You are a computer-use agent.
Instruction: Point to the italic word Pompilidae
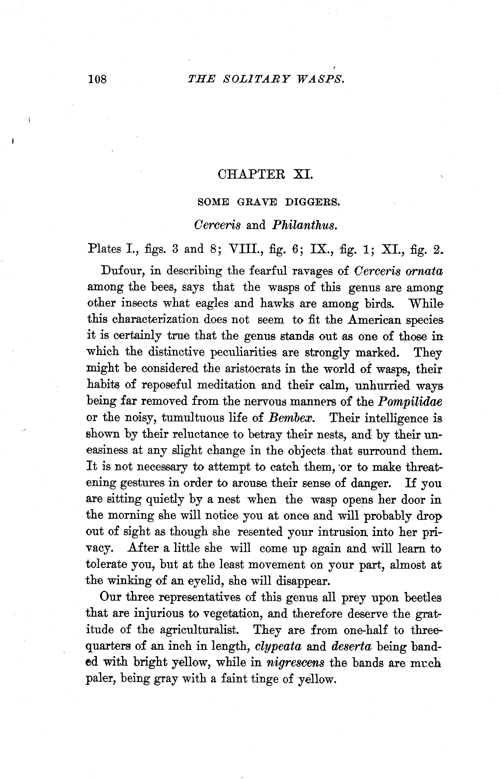point(410,402)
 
